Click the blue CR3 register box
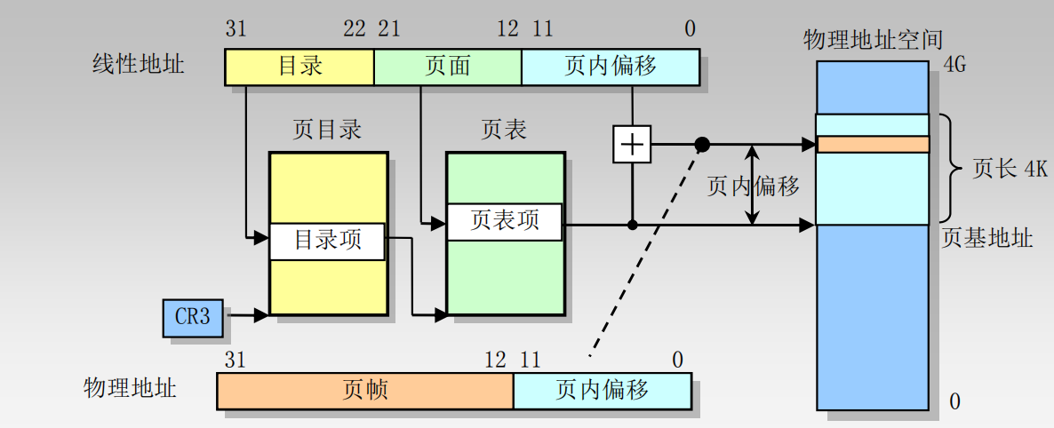pyautogui.click(x=193, y=318)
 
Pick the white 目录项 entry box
pyautogui.click(x=328, y=241)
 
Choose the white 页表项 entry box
pyautogui.click(x=505, y=222)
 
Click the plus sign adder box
pyautogui.click(x=631, y=144)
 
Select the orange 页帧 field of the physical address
pyautogui.click(x=365, y=390)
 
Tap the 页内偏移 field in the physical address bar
pyautogui.click(x=603, y=390)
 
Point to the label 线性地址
pyautogui.click(x=139, y=64)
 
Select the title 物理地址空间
pyautogui.click(x=873, y=39)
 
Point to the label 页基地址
pyautogui.click(x=987, y=238)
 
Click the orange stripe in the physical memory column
pyautogui.click(x=872, y=144)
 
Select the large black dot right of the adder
pyautogui.click(x=702, y=144)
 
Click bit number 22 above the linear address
pyautogui.click(x=354, y=29)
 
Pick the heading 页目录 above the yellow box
pyautogui.click(x=328, y=130)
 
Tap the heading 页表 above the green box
pyautogui.click(x=504, y=130)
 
